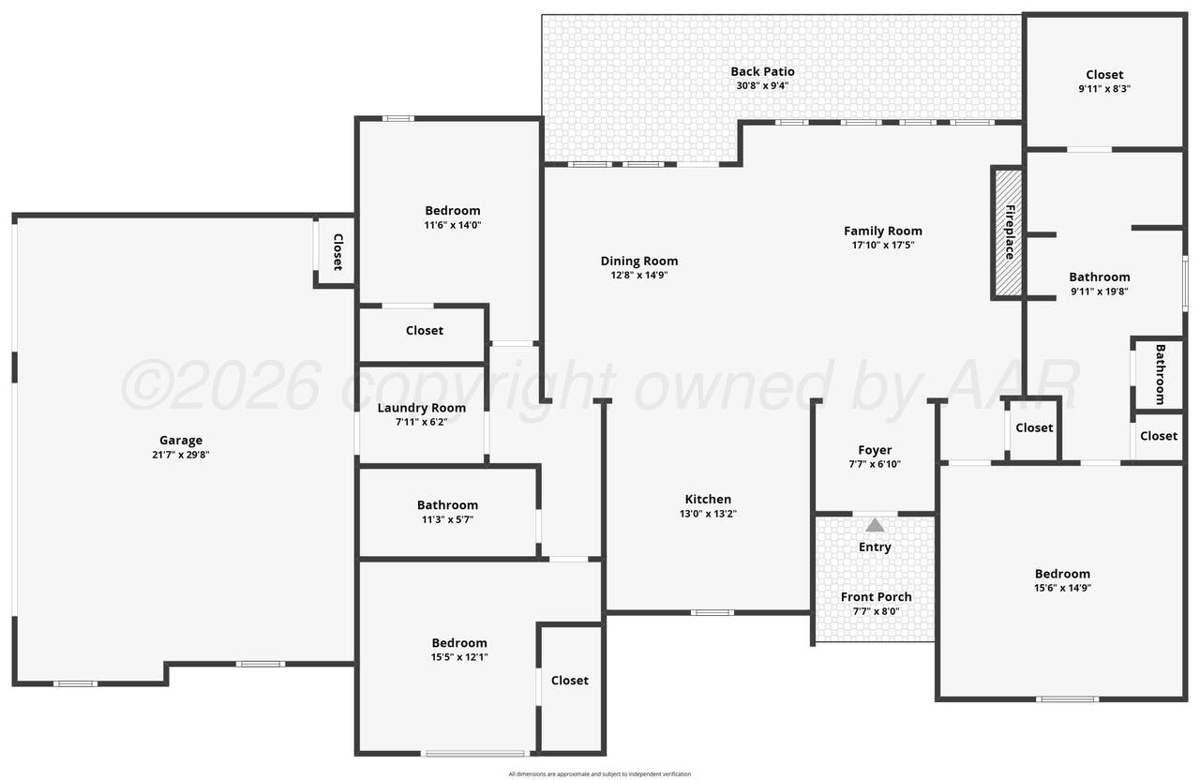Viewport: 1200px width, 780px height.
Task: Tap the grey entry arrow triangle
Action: point(875,525)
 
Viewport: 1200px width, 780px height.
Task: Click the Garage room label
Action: point(181,441)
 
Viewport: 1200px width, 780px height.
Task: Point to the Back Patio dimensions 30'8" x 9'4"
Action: point(762,85)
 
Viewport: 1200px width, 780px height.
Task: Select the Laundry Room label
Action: point(422,408)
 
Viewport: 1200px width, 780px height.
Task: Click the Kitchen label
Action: point(708,500)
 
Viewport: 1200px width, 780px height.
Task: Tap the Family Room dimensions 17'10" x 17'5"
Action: point(883,246)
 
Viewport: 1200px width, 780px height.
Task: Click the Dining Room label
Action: point(639,261)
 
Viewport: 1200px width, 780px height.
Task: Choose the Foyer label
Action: point(875,450)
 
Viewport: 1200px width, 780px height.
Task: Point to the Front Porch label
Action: point(876,597)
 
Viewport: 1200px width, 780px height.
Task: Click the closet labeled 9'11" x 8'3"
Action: point(1104,89)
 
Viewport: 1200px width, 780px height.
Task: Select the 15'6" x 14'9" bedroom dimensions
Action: point(1062,588)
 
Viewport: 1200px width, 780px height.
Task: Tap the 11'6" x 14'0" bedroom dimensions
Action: point(453,225)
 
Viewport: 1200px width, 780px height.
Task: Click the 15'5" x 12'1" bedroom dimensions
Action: point(459,657)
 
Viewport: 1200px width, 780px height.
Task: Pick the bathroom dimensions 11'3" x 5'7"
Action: point(447,519)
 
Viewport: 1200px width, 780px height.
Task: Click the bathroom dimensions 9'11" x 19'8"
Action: point(1100,292)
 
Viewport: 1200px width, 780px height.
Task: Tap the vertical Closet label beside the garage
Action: point(338,252)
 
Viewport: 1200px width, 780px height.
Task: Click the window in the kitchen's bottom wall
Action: point(712,612)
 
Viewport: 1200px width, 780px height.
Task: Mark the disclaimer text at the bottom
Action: point(599,774)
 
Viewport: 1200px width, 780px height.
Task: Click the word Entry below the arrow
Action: point(875,547)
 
